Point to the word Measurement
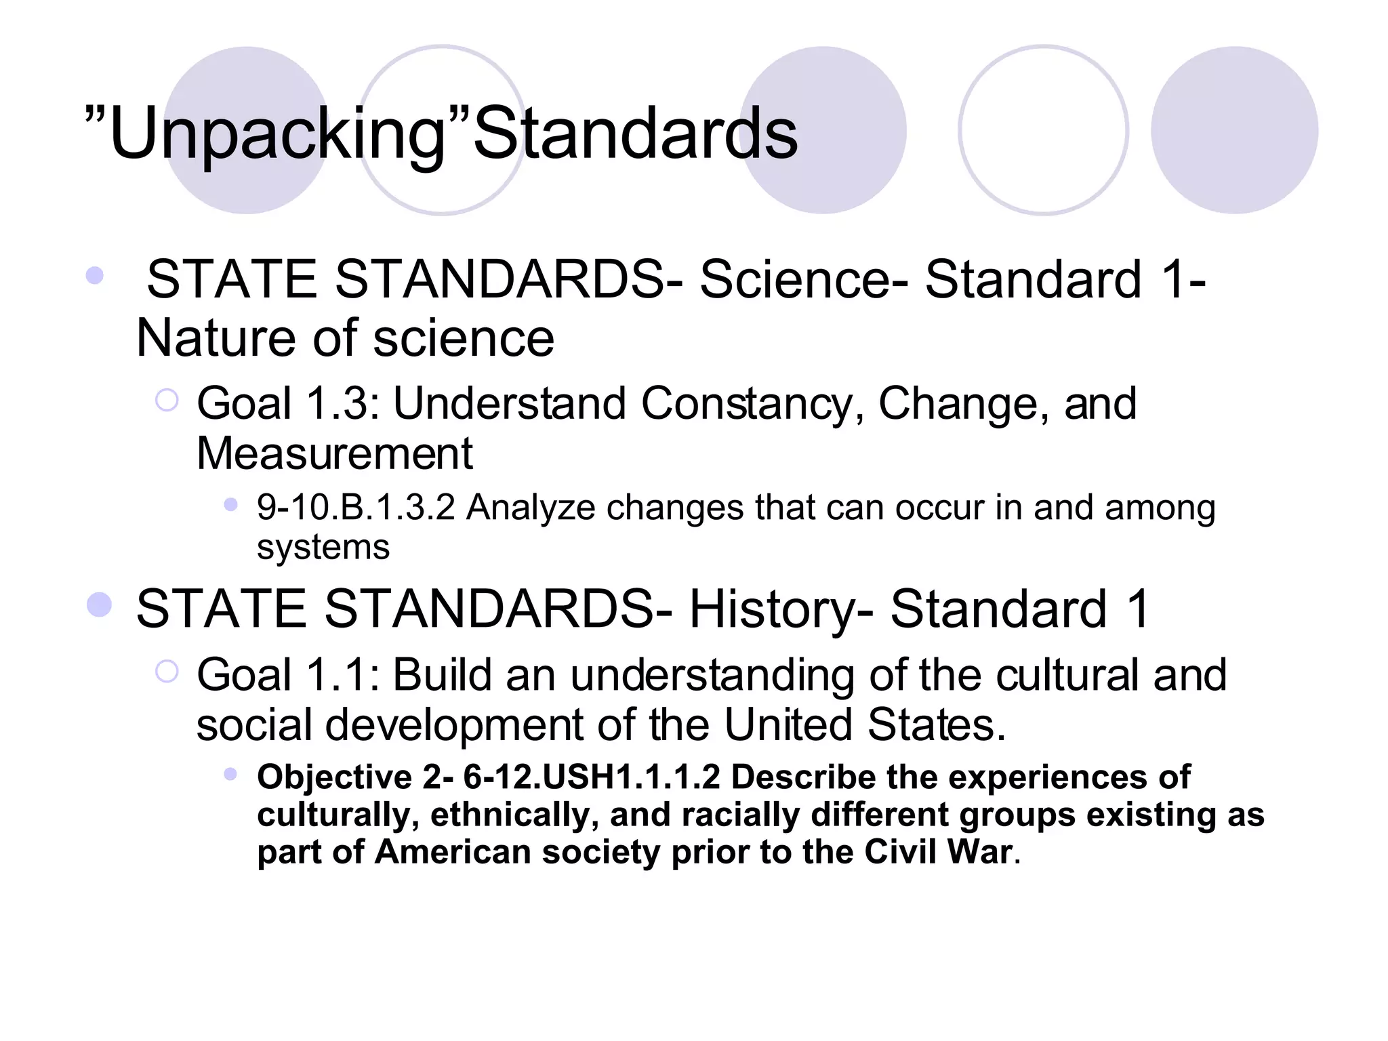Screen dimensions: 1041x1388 [x=334, y=453]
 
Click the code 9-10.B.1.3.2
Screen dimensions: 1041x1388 [x=356, y=508]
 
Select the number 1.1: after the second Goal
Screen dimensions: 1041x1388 [x=343, y=675]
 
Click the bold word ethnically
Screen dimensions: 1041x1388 [x=515, y=814]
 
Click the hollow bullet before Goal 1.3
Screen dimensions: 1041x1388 [x=166, y=401]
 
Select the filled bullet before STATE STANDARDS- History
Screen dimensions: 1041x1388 [x=99, y=605]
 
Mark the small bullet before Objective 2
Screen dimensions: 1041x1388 [x=230, y=774]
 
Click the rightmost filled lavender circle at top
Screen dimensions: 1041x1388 [x=1234, y=130]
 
